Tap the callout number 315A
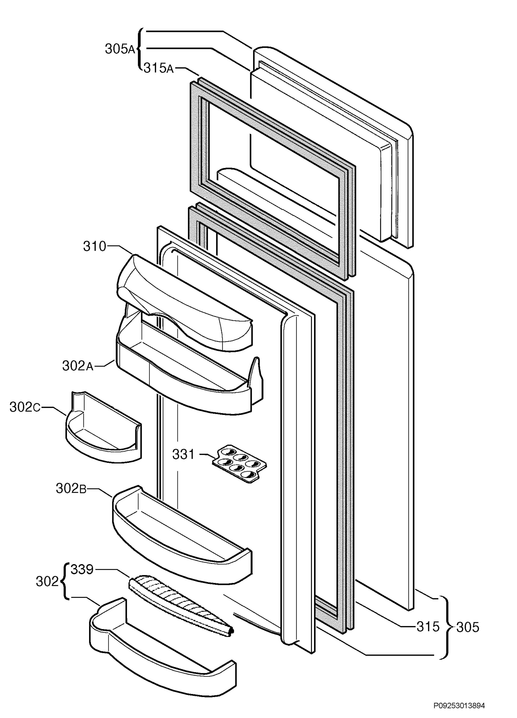click(159, 68)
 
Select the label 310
click(95, 246)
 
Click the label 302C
click(25, 407)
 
